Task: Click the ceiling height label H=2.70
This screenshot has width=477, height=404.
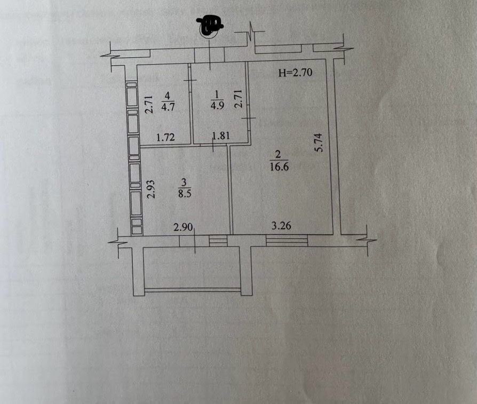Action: (295, 74)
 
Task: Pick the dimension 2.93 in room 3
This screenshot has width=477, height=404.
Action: (151, 189)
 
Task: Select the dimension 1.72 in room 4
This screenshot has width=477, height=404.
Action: (165, 138)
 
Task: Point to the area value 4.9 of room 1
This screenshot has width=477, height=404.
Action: (216, 105)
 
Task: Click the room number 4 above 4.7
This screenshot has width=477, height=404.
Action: (167, 96)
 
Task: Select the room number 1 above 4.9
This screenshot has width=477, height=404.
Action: (216, 96)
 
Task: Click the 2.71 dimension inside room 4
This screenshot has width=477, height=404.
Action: (149, 104)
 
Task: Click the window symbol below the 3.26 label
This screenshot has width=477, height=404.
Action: (287, 241)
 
